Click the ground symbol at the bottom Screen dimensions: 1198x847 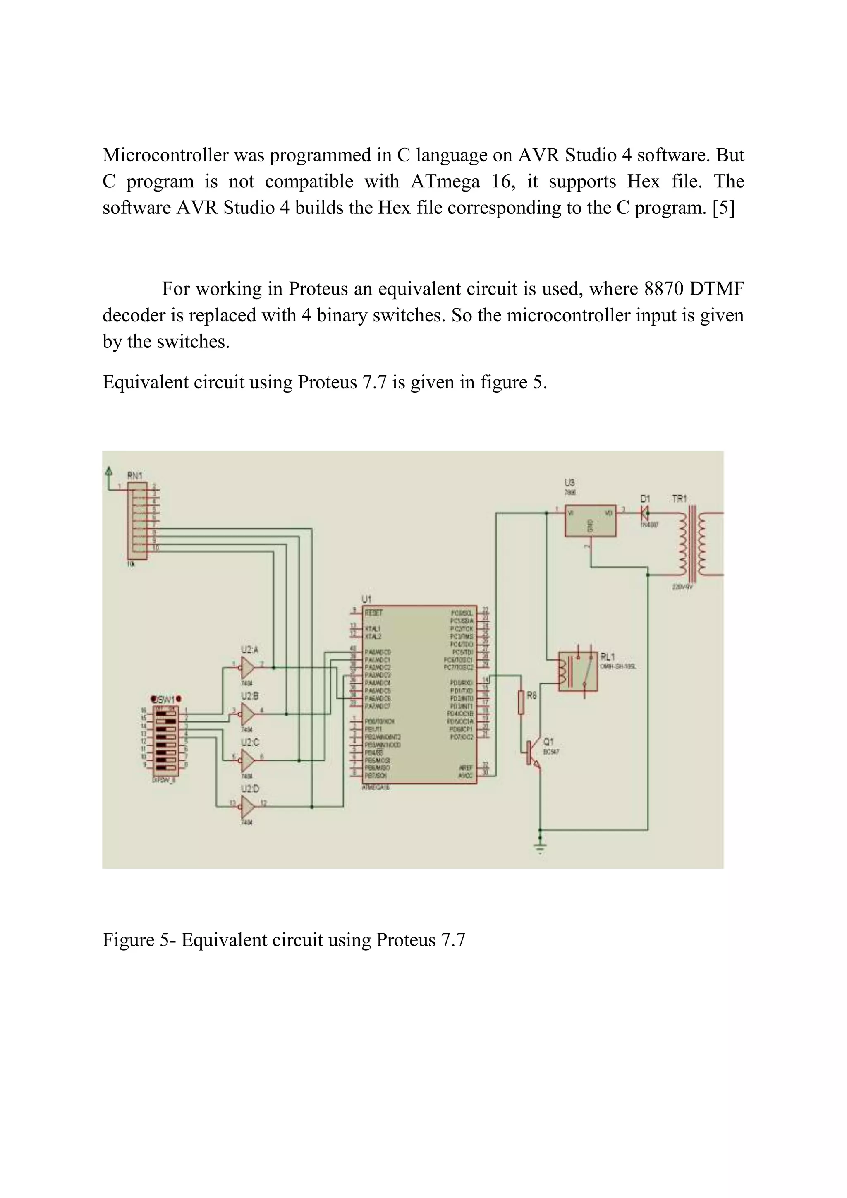pos(540,846)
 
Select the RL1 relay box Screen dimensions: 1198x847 pos(578,671)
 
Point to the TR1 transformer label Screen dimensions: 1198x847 pos(679,499)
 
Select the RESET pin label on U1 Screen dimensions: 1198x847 pos(374,612)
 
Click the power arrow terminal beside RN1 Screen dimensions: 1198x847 pos(108,471)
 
